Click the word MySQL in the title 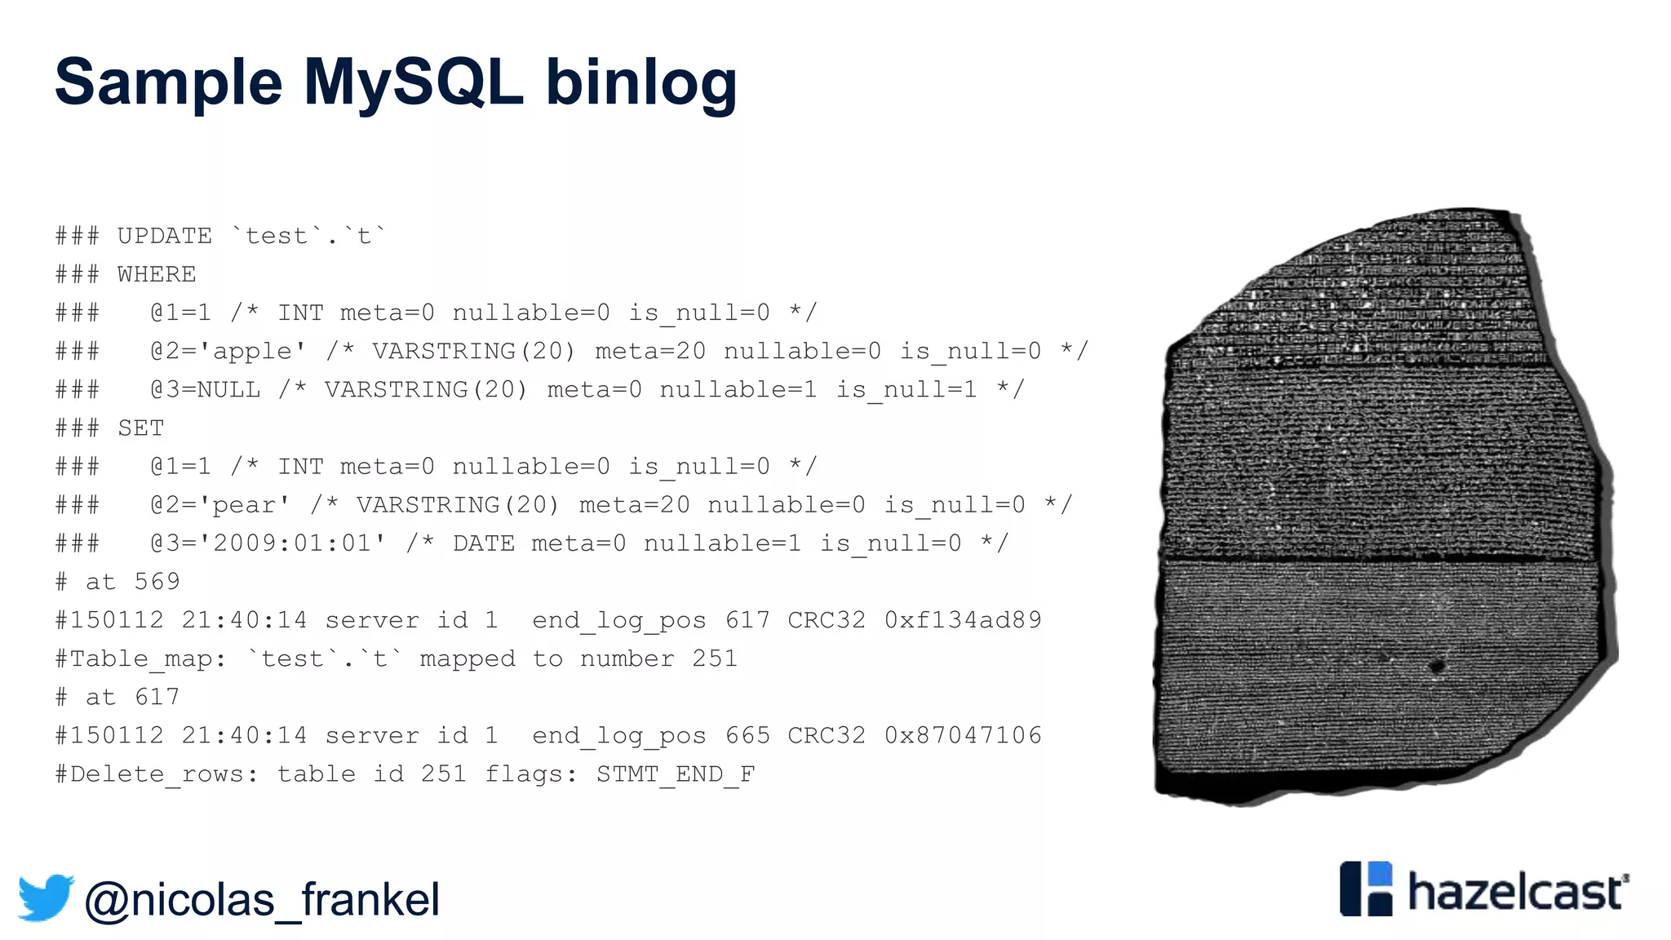coord(413,83)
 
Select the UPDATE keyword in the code coord(164,237)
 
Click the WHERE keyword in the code coord(157,275)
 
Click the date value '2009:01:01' coord(299,543)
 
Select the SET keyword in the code coord(141,428)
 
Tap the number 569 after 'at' coord(157,582)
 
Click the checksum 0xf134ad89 coord(963,620)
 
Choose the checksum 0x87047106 coord(963,736)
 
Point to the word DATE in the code coord(484,543)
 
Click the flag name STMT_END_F coord(676,774)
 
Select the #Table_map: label coord(140,659)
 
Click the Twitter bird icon coord(46,898)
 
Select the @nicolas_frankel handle coord(262,900)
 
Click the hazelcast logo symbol coord(1366,889)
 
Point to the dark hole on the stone coord(1437,667)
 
